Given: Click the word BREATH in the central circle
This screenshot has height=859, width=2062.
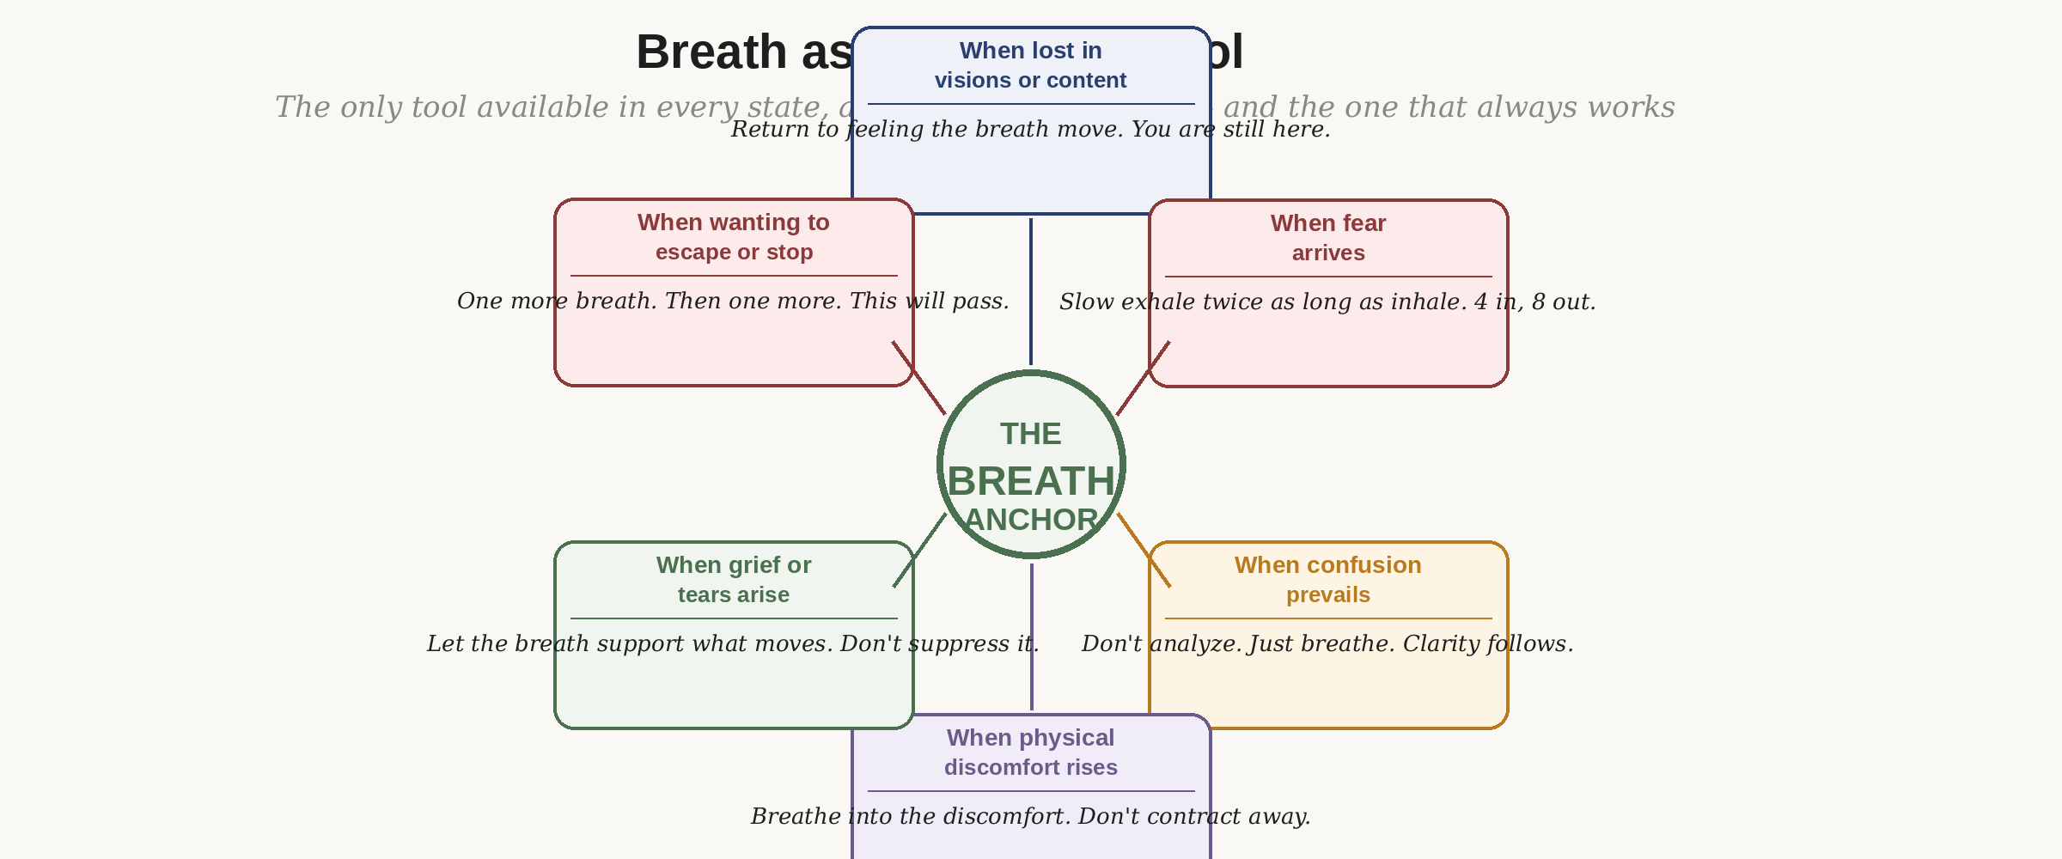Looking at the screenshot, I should (x=1030, y=481).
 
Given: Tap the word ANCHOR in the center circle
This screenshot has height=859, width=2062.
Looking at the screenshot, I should (x=1030, y=520).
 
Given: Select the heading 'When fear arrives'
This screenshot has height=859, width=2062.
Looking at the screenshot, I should (x=1327, y=237).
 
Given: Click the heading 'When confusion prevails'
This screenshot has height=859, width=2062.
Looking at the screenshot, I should (x=1327, y=579).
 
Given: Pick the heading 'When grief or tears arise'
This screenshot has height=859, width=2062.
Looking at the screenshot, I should (x=733, y=579).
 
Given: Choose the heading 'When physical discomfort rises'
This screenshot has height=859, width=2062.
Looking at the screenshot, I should (x=1030, y=752).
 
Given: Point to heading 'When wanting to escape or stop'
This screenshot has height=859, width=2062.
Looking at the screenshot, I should (x=733, y=236).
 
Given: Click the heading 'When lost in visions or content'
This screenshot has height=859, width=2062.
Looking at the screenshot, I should (x=1030, y=64).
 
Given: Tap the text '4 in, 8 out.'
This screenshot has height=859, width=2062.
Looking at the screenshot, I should (x=1534, y=302).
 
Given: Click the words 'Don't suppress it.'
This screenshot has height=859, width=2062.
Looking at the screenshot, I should (x=939, y=644).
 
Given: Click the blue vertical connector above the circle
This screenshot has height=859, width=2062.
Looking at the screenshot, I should (x=1031, y=292).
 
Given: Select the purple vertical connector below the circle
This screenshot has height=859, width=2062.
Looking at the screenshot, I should (x=1031, y=636).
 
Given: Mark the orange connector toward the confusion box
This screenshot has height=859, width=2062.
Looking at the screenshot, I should (x=1144, y=550).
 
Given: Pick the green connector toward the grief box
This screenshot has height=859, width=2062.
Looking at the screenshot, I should (x=920, y=550).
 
